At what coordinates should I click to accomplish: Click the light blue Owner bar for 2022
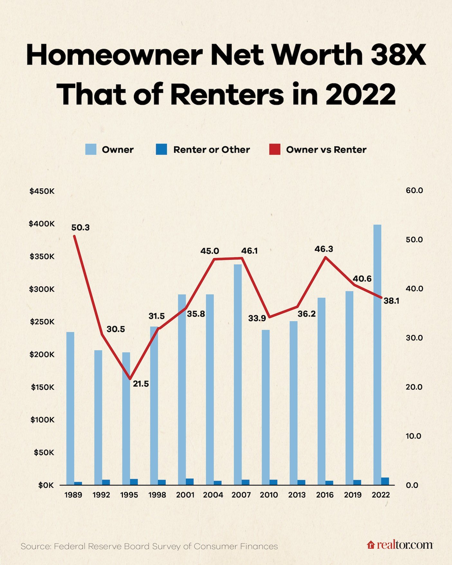tap(377, 354)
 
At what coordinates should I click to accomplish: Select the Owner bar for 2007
tap(238, 375)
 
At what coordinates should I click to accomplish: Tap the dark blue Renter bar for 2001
tap(190, 481)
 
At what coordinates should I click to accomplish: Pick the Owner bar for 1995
tap(126, 418)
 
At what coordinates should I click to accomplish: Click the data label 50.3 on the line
tap(80, 228)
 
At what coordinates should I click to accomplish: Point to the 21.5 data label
tap(141, 384)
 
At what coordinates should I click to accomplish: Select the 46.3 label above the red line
tap(324, 249)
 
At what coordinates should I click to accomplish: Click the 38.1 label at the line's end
tap(391, 301)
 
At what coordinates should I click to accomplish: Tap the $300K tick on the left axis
tap(42, 289)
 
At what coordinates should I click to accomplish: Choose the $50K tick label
tap(44, 452)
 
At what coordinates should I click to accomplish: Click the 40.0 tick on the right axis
tap(414, 288)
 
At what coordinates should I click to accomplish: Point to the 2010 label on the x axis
tap(269, 495)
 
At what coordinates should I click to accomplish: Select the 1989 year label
tap(73, 495)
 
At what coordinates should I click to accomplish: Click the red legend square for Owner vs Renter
tap(275, 150)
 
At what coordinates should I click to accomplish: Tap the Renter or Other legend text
tap(211, 150)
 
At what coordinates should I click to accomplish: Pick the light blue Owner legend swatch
tap(91, 150)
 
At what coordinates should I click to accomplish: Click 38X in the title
tap(398, 55)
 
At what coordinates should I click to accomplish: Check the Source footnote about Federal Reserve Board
tap(149, 546)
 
